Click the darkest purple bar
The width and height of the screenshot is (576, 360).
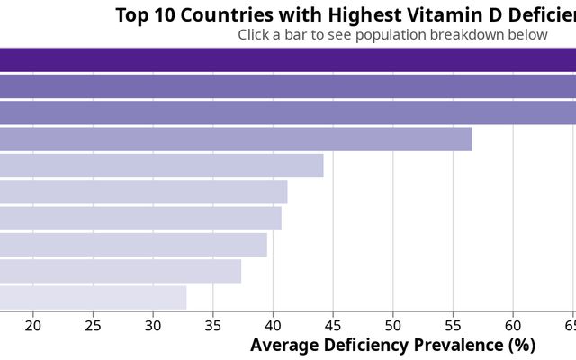click(x=288, y=59)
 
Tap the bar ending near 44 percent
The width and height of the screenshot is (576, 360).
click(x=162, y=166)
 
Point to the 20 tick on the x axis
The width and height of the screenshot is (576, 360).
click(x=33, y=325)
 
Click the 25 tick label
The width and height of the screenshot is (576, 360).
click(x=94, y=325)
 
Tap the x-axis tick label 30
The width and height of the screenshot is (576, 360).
click(x=153, y=325)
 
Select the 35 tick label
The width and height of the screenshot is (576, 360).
click(x=213, y=325)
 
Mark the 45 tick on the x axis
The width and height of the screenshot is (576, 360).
click(x=333, y=325)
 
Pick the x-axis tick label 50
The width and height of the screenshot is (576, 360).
click(x=393, y=325)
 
